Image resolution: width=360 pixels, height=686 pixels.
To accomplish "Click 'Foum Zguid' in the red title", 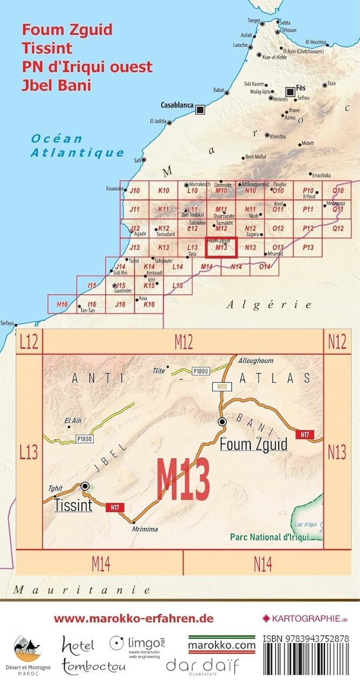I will coord(67,29).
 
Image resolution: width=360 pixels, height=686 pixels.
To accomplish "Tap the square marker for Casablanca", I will coord(200,109).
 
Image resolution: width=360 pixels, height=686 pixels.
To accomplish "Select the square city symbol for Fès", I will coord(290,92).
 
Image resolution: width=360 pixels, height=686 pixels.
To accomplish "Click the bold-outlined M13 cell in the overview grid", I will coord(222,248).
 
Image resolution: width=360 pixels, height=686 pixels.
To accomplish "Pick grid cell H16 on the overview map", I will coord(62,304).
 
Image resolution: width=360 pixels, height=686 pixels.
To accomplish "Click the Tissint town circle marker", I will coord(85,486).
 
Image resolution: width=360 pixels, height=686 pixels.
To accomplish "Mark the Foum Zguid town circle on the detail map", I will coord(222,422).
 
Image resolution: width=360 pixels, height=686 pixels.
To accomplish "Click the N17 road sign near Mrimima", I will coord(115,507).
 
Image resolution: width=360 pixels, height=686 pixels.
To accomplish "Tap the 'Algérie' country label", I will coord(269,304).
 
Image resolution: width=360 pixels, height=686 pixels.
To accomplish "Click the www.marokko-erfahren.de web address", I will coord(133,618).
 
